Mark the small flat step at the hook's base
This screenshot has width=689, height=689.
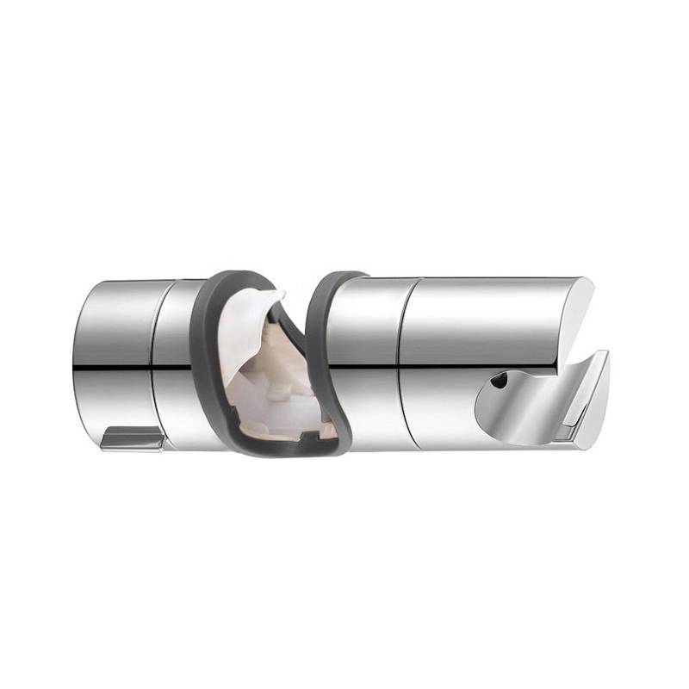coord(564,440)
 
